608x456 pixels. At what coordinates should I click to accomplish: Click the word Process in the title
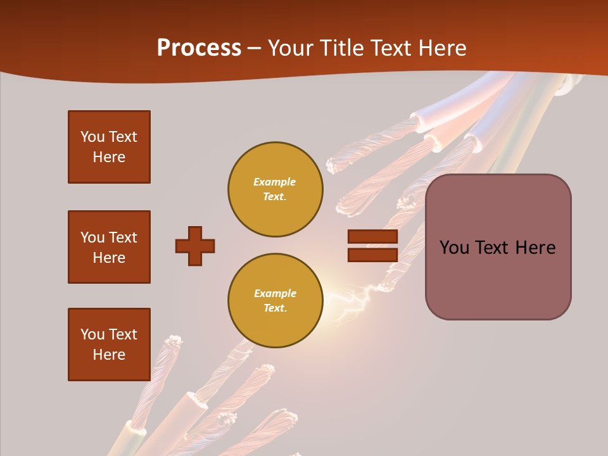[199, 48]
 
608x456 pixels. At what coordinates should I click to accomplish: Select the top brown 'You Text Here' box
[109, 147]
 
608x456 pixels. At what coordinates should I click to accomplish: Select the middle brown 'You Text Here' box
[109, 247]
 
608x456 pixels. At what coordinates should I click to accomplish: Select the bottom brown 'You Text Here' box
[109, 345]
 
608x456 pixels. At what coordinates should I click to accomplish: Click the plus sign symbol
[195, 246]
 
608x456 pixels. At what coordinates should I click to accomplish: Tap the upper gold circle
[275, 189]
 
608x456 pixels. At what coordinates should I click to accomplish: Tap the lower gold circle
[275, 301]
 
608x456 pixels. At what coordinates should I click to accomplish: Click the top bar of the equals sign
[372, 237]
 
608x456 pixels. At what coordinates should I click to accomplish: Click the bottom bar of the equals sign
[372, 255]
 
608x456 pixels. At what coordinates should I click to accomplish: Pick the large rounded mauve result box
[498, 247]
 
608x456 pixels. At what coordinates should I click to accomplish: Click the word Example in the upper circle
[275, 182]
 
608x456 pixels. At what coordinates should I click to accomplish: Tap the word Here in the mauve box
[535, 248]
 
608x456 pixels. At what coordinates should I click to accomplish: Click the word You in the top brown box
[92, 137]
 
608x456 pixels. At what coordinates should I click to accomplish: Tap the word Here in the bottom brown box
[109, 355]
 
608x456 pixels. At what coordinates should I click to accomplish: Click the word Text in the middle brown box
[123, 237]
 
